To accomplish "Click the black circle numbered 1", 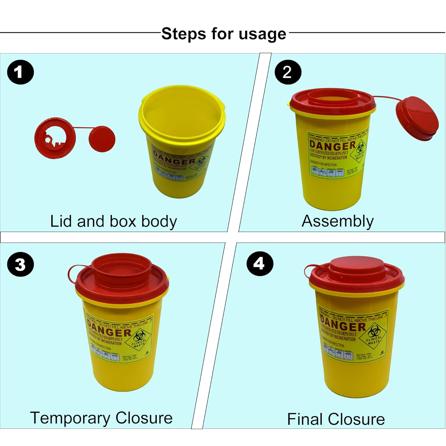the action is pyautogui.click(x=21, y=72).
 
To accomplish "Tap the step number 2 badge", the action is pyautogui.click(x=288, y=72).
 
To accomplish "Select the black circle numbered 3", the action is pyautogui.click(x=21, y=264).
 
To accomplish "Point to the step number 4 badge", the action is pyautogui.click(x=260, y=263).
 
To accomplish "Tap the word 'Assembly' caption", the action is pyautogui.click(x=337, y=222).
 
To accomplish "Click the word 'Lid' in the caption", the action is pyautogui.click(x=60, y=221).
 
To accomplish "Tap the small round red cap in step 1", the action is pyautogui.click(x=102, y=139).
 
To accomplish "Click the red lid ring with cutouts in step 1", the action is pyautogui.click(x=55, y=138).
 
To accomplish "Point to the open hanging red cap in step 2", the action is pyautogui.click(x=417, y=118).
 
